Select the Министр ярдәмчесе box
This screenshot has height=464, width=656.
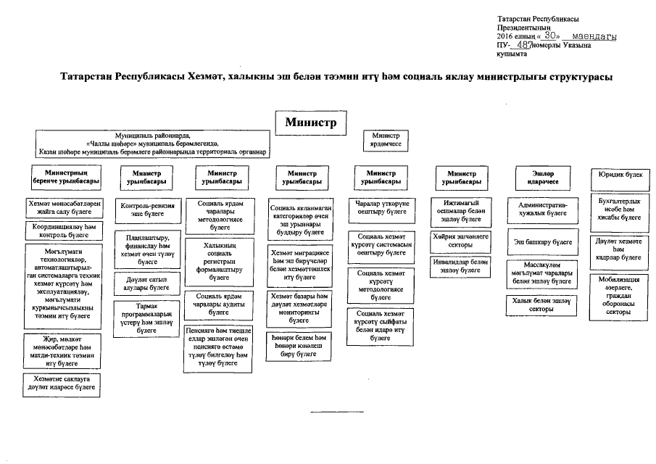click(386, 140)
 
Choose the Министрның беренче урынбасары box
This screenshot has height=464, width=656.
click(65, 178)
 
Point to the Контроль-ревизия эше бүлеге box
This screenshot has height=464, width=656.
click(147, 210)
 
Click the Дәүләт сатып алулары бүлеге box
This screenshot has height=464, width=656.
click(147, 283)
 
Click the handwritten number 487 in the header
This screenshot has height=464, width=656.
click(520, 45)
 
